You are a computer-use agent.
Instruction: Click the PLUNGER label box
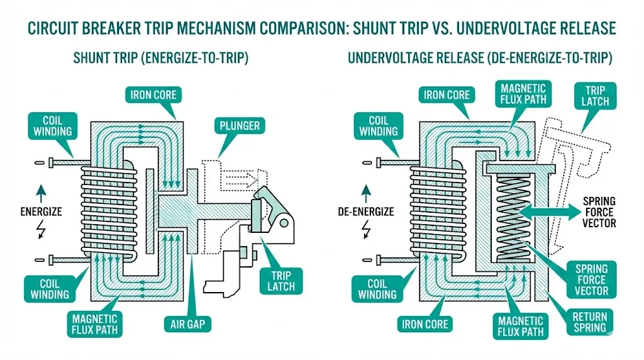click(239, 126)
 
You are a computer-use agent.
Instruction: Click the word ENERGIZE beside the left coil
click(42, 211)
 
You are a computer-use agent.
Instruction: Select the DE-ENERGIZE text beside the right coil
click(366, 211)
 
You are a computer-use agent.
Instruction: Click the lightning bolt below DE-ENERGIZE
click(367, 231)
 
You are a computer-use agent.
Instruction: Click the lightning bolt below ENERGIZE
click(42, 231)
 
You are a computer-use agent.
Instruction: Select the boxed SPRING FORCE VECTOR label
click(591, 279)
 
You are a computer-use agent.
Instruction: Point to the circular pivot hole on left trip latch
click(287, 222)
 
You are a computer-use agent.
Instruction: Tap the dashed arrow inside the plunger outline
click(238, 179)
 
